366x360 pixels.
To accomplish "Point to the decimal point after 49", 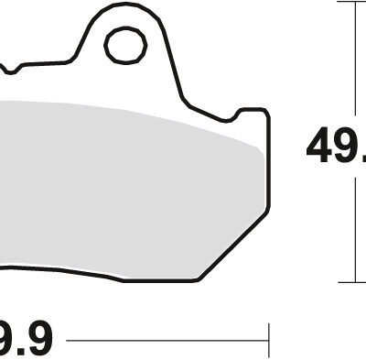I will click(x=362, y=160).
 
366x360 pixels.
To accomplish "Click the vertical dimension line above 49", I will click(x=352, y=55).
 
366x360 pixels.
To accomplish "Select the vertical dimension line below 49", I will click(x=352, y=229).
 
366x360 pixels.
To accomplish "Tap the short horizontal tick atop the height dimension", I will click(x=352, y=2).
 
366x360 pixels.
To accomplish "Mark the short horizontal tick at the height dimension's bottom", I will click(x=352, y=281).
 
